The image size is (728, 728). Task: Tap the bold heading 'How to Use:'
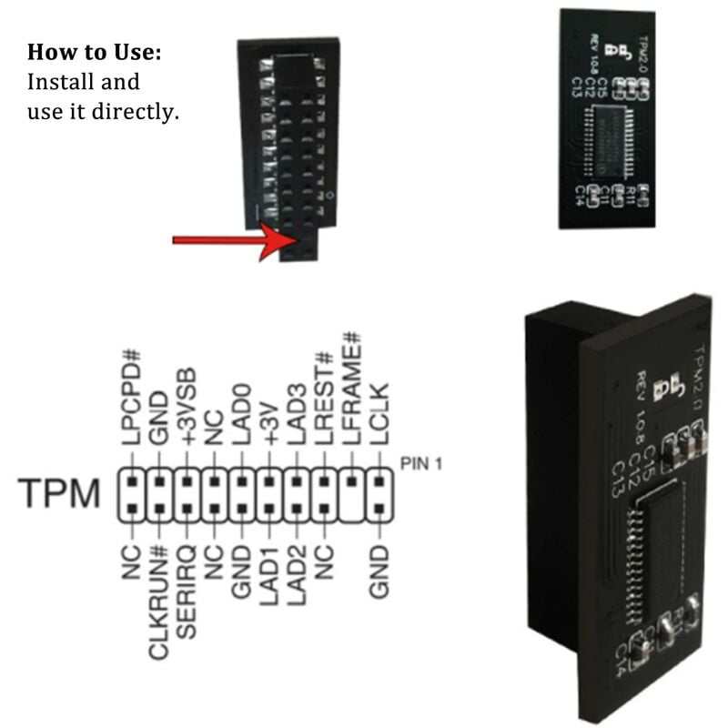click(x=95, y=52)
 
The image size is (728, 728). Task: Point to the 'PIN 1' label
click(x=420, y=464)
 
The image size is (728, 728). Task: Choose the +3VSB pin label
click(x=187, y=407)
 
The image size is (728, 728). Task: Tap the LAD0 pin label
click(x=241, y=414)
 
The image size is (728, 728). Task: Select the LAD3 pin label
click(x=296, y=414)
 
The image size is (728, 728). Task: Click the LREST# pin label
click(x=323, y=399)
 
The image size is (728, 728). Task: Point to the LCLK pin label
click(x=379, y=414)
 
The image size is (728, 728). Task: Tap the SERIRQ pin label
click(x=187, y=587)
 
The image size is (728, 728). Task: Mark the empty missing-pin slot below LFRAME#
click(x=351, y=509)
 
